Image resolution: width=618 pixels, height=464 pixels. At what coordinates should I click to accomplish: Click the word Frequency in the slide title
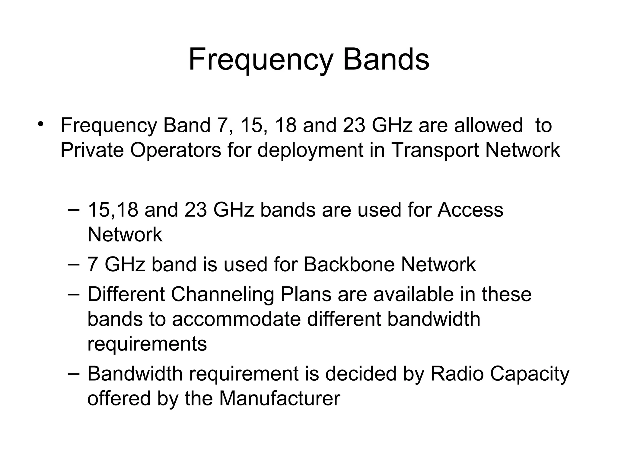[260, 60]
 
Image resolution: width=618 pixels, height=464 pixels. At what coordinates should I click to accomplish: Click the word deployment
[310, 150]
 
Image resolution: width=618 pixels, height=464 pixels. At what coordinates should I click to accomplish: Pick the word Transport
[435, 150]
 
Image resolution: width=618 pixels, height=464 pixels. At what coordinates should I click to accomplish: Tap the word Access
[470, 210]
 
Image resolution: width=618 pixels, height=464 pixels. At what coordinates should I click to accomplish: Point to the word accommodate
[236, 319]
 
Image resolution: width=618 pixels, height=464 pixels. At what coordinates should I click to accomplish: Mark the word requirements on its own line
[147, 344]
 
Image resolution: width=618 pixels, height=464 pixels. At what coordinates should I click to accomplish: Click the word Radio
[457, 374]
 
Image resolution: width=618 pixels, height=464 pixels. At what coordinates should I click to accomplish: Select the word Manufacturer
[280, 398]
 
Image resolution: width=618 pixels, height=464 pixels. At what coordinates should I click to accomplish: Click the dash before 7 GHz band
[74, 263]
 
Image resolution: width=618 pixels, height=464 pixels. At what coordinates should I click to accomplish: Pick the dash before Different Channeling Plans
[74, 294]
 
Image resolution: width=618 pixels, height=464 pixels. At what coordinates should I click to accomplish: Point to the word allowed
[488, 125]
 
